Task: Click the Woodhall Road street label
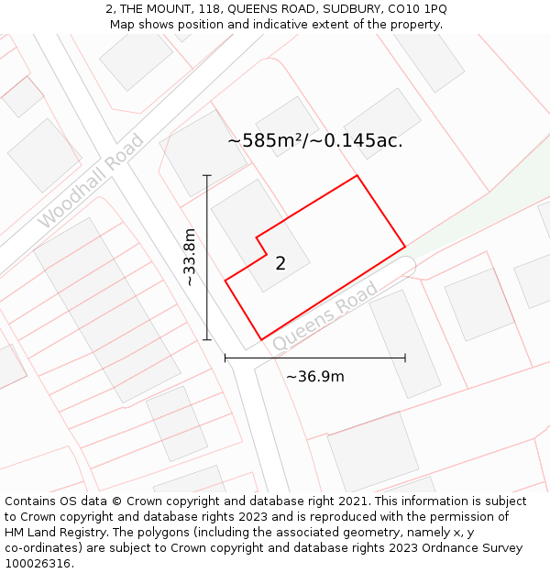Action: [92, 181]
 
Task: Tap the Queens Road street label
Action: [325, 315]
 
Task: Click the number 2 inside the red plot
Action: [280, 264]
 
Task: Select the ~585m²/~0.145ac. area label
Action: [315, 141]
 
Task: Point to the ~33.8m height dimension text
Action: [189, 258]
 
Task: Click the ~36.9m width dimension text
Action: [315, 377]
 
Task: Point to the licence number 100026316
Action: [39, 564]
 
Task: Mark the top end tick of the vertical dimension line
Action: [207, 175]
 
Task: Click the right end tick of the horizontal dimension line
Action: [405, 358]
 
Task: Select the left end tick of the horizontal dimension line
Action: [225, 358]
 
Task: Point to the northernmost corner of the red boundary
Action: [357, 176]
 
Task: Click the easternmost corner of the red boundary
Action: [405, 247]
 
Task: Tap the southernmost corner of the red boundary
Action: [261, 340]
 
